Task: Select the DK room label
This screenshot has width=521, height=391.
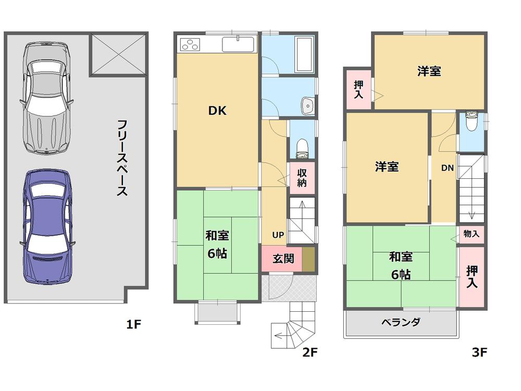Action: point(217,111)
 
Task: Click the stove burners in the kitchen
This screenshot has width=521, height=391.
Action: point(189,45)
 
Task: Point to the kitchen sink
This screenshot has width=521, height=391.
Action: point(238,44)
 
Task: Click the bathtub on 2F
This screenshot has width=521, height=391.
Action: point(303,54)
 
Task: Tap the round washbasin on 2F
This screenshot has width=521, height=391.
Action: point(308,106)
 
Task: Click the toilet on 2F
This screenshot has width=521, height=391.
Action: point(302,146)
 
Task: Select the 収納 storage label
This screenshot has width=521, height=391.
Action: point(302,178)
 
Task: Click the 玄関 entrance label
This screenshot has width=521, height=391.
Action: point(282,259)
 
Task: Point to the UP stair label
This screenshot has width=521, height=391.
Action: point(278,235)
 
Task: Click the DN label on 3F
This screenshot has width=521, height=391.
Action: point(447,168)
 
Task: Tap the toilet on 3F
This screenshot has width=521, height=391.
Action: point(471,122)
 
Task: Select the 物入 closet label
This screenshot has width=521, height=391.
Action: point(471,234)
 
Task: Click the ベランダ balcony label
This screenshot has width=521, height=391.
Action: point(401,322)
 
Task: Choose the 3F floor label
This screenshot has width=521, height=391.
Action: point(479,352)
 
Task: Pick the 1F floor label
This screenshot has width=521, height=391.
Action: point(133,325)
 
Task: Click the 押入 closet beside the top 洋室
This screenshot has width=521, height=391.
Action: point(359,89)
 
